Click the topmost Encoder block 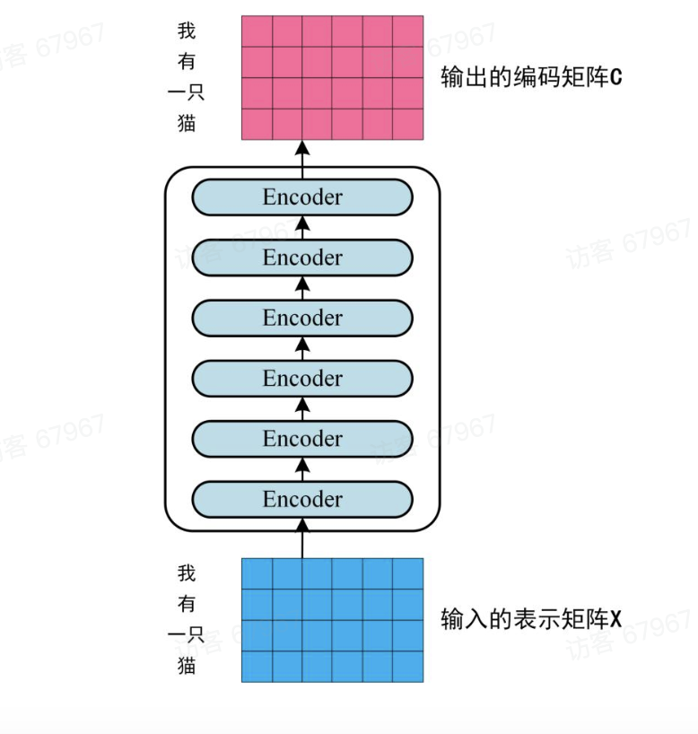[302, 197]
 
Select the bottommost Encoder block [302, 500]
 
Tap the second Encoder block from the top [302, 258]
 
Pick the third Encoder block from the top [302, 319]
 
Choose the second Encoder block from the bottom [302, 440]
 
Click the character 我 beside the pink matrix [187, 31]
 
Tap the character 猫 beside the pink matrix [187, 123]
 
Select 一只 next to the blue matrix [187, 634]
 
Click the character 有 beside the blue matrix [187, 603]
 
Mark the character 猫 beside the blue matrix [187, 666]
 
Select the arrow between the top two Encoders [302, 227]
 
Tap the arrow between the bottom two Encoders [302, 469]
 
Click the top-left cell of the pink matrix [257, 31]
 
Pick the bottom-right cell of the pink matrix [408, 124]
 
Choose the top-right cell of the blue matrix [408, 573]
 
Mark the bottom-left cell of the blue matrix [257, 666]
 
